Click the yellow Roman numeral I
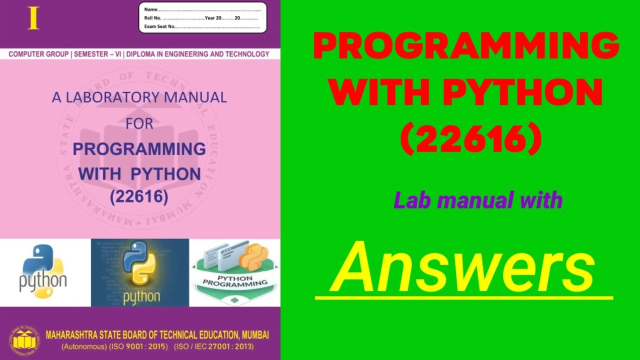33,18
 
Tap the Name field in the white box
202,9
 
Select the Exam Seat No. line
202,26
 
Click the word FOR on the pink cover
139,123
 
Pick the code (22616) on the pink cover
139,196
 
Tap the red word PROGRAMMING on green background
466,46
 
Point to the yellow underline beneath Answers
463,298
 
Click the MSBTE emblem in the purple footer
24,340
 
